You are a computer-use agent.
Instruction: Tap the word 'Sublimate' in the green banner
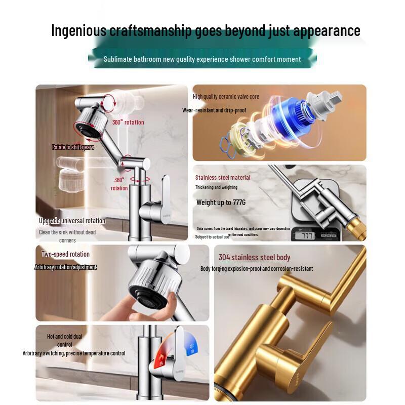(x=117, y=59)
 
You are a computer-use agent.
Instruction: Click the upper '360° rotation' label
(x=128, y=122)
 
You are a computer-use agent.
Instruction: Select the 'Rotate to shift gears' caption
(x=73, y=147)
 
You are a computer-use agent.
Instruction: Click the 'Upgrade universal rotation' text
(x=72, y=221)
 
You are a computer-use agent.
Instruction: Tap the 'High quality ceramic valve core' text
(x=226, y=97)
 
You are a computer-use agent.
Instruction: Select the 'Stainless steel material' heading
(x=223, y=178)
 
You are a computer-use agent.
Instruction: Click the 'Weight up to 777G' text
(x=221, y=202)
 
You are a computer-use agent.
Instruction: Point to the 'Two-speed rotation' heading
(x=65, y=254)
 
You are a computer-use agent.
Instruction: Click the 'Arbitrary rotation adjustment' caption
(x=65, y=267)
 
